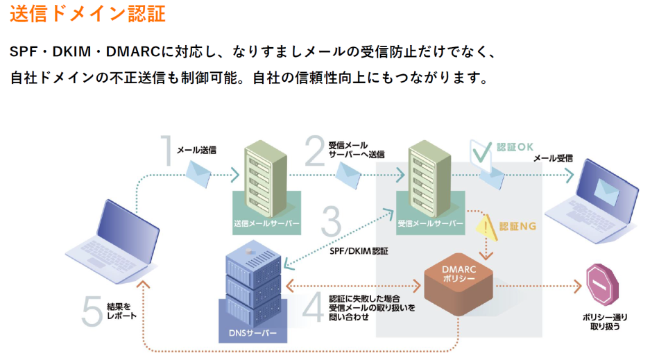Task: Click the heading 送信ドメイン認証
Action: [88, 14]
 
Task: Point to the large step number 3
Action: [332, 223]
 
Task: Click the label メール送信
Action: [196, 149]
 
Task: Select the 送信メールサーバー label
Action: [267, 224]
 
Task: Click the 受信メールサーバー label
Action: [430, 224]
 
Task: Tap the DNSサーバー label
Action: [253, 334]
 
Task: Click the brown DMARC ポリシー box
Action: [459, 284]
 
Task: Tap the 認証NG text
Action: [517, 227]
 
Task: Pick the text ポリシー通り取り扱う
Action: [600, 320]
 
